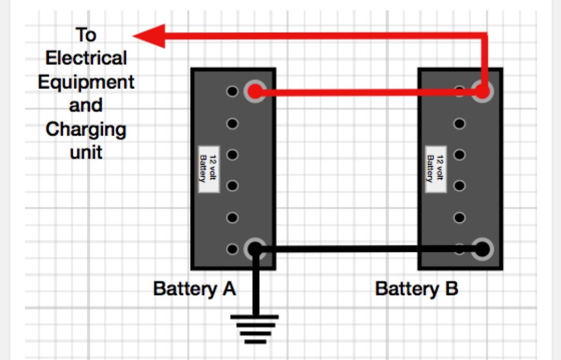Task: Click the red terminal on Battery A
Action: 255,92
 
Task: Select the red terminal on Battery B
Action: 483,92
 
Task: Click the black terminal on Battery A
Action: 255,249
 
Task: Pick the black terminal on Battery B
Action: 483,249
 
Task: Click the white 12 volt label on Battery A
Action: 209,169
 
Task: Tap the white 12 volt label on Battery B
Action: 435,169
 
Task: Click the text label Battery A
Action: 194,288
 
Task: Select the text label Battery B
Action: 417,288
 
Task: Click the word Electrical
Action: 86,58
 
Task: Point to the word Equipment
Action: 86,82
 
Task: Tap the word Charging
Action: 86,129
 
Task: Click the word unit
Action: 86,152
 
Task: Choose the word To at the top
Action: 86,35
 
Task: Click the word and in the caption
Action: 86,105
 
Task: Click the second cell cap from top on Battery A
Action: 232,124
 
